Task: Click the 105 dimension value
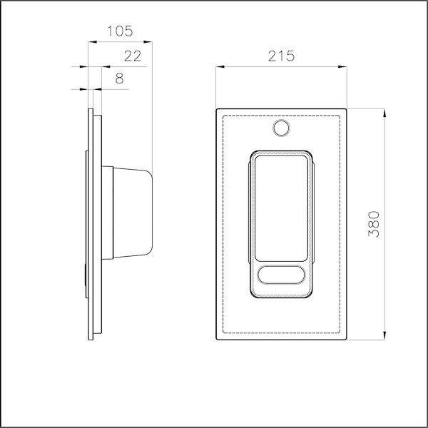(119, 31)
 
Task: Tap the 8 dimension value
(119, 78)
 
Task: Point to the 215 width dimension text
(282, 56)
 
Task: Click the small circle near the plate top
(282, 128)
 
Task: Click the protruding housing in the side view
(132, 213)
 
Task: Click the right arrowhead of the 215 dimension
(345, 67)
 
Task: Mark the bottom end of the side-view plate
(91, 340)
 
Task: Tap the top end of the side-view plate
(91, 108)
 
